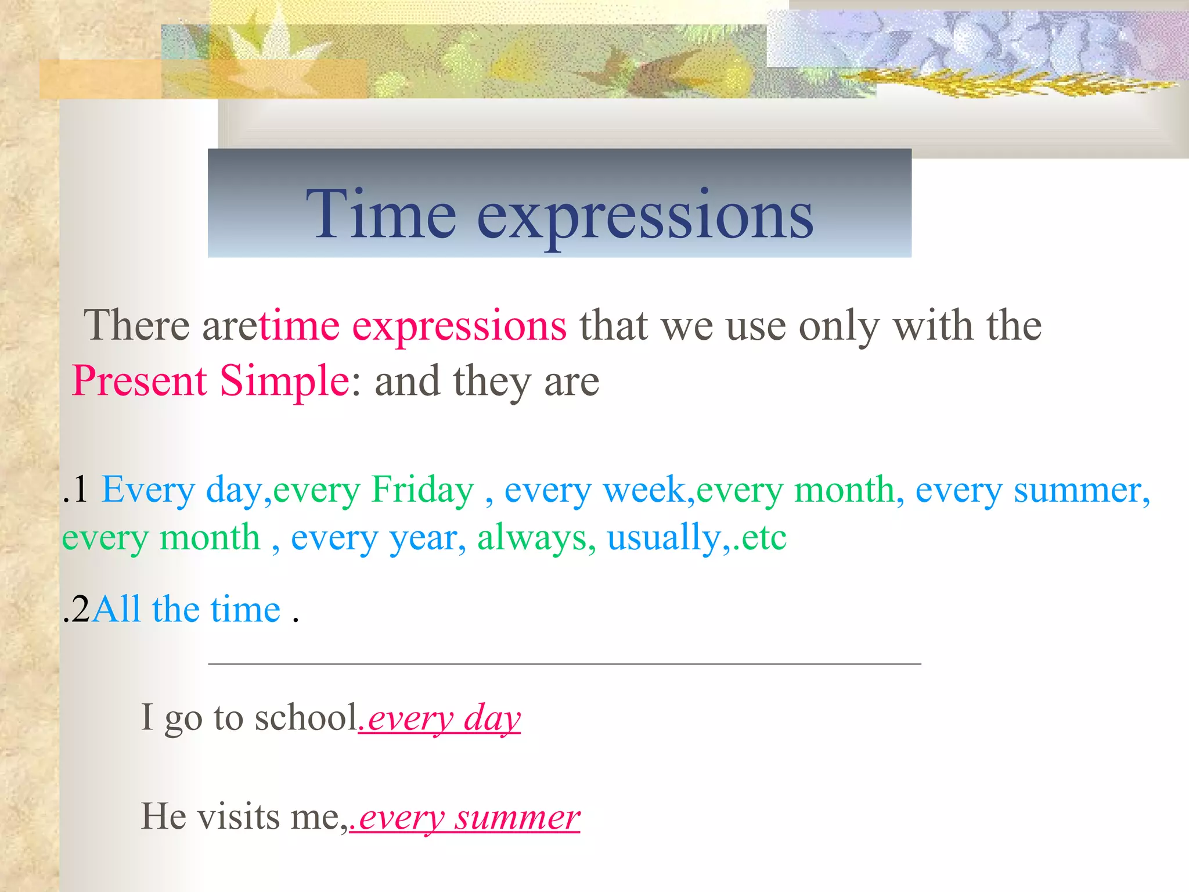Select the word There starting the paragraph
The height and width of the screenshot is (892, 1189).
[136, 325]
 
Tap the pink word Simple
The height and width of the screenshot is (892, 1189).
[284, 381]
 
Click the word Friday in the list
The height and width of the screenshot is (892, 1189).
[423, 490]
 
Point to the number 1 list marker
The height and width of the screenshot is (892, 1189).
[79, 490]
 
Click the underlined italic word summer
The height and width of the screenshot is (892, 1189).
[517, 818]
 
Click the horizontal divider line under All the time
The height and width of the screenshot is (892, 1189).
[564, 663]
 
